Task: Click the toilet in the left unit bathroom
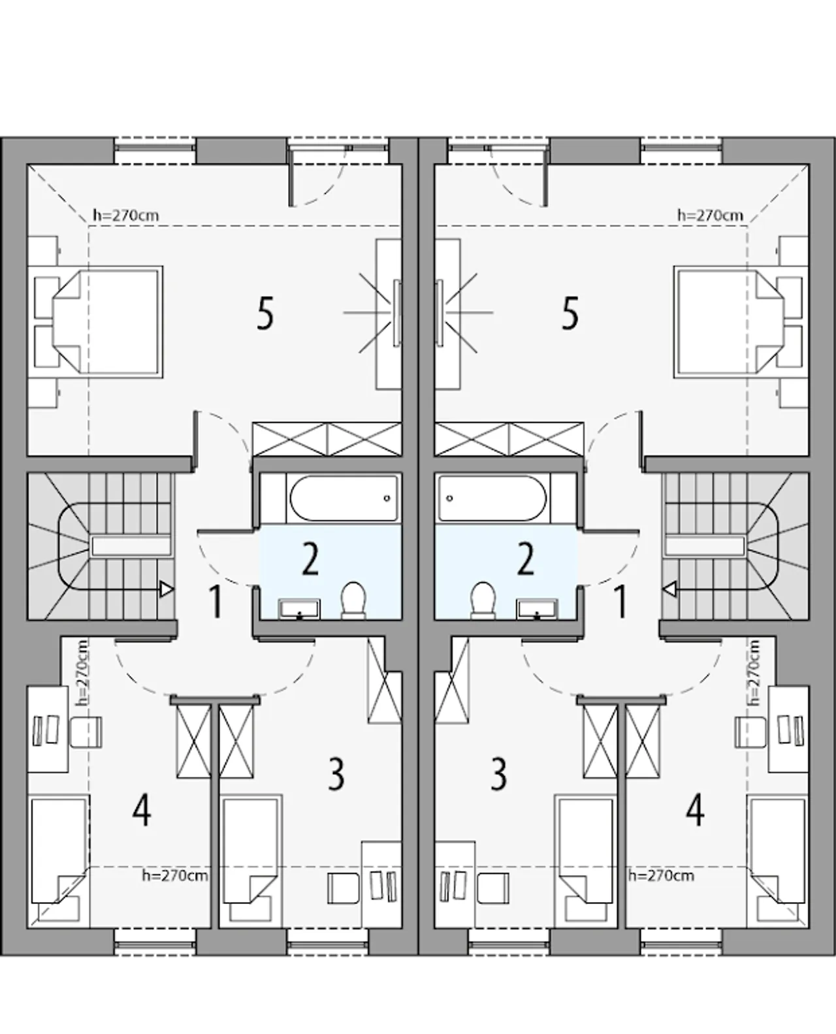[x=353, y=600]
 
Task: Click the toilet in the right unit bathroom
[x=483, y=600]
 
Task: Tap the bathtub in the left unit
[x=344, y=498]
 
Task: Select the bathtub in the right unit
[x=492, y=498]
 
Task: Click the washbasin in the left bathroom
[x=299, y=609]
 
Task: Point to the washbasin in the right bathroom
[x=537, y=609]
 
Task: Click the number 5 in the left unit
[x=265, y=314]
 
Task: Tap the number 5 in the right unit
[x=570, y=314]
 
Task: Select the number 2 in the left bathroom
[x=310, y=560]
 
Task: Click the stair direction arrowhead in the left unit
[x=167, y=589]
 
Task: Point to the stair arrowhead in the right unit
[x=669, y=589]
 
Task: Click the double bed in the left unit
[x=95, y=321]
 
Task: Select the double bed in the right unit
[x=741, y=321]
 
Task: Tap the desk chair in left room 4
[x=86, y=732]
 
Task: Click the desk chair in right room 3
[x=492, y=888]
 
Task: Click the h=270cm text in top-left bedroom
[x=126, y=215]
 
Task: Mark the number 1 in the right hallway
[x=620, y=602]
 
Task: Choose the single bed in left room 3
[x=252, y=859]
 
